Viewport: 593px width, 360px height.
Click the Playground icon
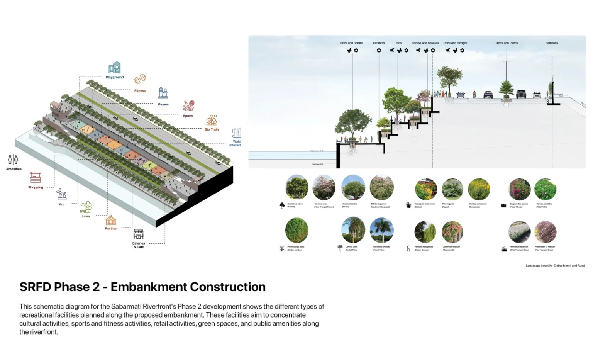coord(115,68)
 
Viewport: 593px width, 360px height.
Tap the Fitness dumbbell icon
coord(140,79)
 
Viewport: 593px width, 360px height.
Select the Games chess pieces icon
coord(163,93)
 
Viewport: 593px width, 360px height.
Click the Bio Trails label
coord(212,129)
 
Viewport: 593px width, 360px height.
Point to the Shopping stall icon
coord(36,177)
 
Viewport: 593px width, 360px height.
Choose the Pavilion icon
coord(111,220)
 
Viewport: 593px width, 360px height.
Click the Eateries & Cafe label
coord(139,245)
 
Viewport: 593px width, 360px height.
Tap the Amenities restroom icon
coord(13,159)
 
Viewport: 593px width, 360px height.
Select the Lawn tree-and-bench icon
coord(86,207)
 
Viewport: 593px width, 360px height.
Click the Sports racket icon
coord(188,105)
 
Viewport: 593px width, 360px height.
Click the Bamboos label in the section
coord(551,43)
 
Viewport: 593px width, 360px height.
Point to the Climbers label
coord(379,43)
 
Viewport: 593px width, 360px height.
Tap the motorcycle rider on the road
coord(474,94)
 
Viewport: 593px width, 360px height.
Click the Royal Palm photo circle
coord(381,230)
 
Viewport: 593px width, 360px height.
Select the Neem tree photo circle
coord(353,187)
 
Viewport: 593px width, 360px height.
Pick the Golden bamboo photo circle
coord(296,230)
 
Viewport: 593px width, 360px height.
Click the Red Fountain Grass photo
coord(545,232)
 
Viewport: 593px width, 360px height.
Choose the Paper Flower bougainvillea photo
coord(520,189)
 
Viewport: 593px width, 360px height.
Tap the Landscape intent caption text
coord(555,265)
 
